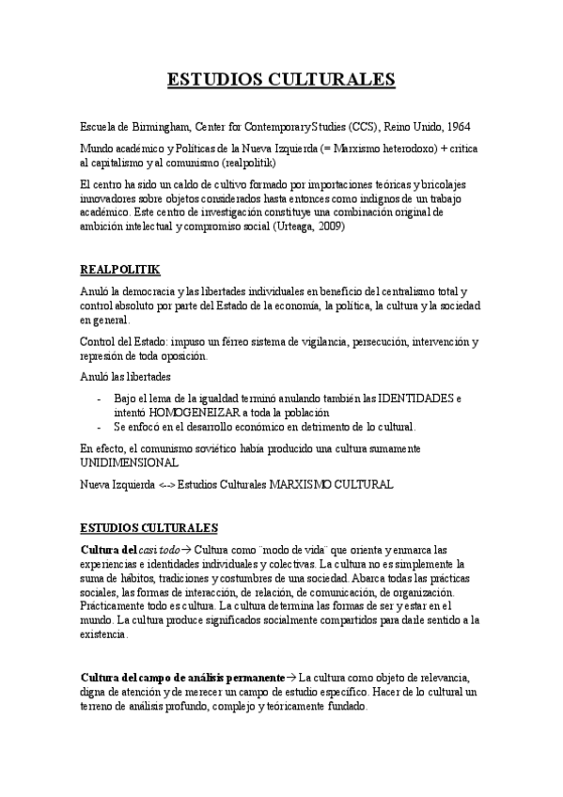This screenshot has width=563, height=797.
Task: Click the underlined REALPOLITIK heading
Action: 119,270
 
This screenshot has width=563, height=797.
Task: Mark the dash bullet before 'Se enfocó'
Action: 100,427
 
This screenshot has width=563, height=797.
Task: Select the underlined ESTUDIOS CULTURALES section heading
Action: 149,528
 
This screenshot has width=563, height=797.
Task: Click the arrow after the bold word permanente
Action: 291,677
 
